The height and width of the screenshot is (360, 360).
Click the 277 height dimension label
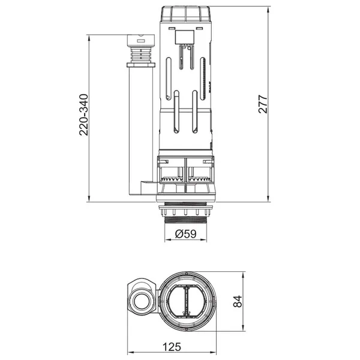[x=263, y=104]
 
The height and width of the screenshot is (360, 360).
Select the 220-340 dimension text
[x=83, y=115]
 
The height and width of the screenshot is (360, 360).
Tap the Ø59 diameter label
[x=185, y=234]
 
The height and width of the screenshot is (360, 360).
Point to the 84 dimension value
[x=238, y=301]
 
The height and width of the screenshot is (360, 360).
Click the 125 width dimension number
[x=172, y=347]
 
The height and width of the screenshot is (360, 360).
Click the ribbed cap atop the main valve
[x=186, y=14]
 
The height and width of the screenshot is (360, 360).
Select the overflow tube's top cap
[x=141, y=40]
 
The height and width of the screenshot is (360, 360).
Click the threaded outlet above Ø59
[x=186, y=221]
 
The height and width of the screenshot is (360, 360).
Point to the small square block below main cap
[x=185, y=37]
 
